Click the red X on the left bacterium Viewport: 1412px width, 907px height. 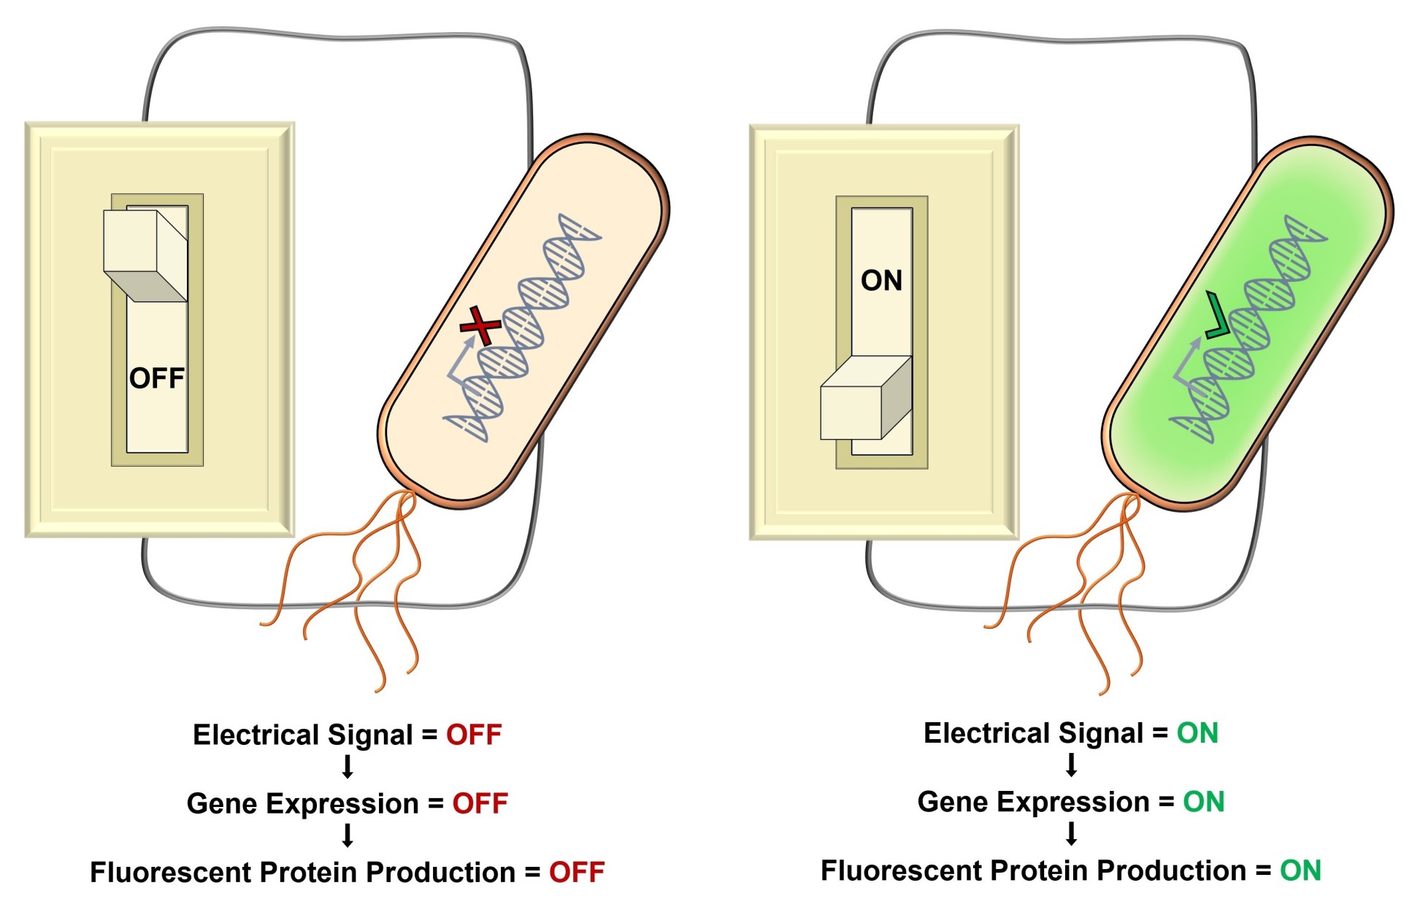(x=480, y=326)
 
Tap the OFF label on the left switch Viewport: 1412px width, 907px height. (x=157, y=378)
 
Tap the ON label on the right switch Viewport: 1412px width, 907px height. (x=881, y=280)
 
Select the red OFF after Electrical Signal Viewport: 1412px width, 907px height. (x=474, y=735)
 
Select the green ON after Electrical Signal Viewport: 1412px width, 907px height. (x=1197, y=733)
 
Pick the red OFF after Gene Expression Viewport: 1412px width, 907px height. (x=480, y=803)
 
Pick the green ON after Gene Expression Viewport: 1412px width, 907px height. (x=1203, y=802)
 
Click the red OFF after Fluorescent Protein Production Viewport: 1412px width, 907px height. (x=577, y=872)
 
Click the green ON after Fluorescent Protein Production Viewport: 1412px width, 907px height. (x=1300, y=870)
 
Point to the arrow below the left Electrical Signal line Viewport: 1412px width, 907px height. (x=348, y=767)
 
